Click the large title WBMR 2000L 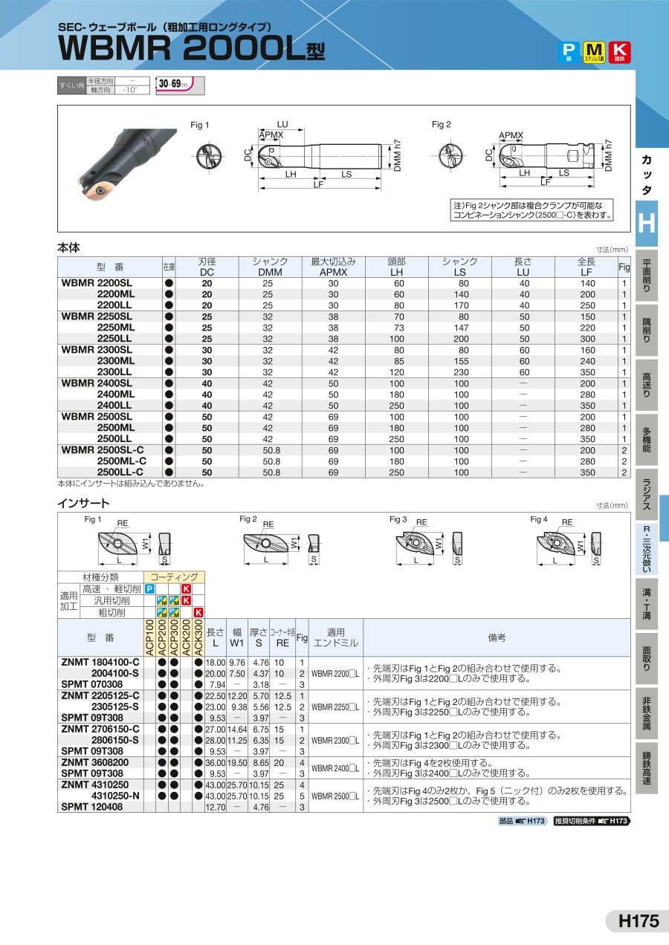(182, 48)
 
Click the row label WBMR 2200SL (97, 283)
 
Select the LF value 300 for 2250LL (587, 339)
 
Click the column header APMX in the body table (333, 272)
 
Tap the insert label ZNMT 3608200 (95, 762)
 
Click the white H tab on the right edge (646, 222)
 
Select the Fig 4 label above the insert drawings (539, 519)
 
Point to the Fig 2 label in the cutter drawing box (442, 125)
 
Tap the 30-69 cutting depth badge (176, 85)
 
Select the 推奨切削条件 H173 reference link (591, 821)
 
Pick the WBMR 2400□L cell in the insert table (334, 768)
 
